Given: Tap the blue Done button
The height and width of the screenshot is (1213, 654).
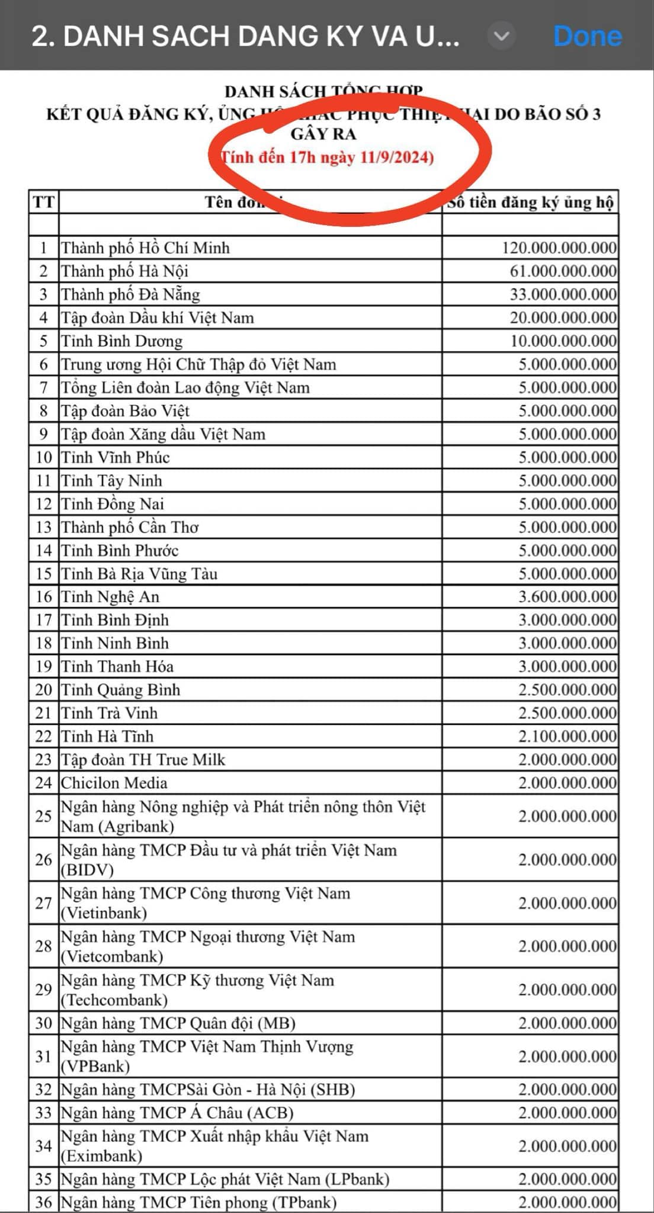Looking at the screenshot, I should tap(587, 37).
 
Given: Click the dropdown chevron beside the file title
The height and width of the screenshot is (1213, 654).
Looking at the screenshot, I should tap(501, 37).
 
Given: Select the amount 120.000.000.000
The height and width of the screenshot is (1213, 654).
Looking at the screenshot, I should tap(559, 248).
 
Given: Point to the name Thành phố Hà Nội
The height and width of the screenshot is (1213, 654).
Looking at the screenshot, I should tap(124, 271).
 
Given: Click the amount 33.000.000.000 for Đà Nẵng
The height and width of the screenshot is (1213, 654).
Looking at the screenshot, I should tap(563, 294).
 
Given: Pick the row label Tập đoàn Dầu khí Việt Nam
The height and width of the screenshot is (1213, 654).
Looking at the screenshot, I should tap(158, 318).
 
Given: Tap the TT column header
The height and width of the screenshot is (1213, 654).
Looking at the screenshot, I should tap(43, 203).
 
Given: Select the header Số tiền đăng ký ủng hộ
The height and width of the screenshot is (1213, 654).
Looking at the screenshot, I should tap(530, 203).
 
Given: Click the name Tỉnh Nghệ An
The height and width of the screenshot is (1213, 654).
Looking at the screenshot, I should tap(110, 597).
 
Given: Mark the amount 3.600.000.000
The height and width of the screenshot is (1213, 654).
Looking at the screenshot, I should tap(567, 597).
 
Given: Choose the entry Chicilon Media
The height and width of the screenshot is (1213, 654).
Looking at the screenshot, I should tap(114, 783).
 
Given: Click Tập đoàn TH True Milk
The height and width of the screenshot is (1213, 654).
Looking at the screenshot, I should tap(143, 760).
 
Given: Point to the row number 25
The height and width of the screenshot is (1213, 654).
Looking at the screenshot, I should tap(43, 816).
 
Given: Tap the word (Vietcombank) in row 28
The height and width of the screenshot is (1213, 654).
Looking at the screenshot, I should tap(112, 957).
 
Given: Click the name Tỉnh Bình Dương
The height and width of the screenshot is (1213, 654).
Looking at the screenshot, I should tap(122, 341).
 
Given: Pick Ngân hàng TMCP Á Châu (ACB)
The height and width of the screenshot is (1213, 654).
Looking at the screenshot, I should tap(177, 1113).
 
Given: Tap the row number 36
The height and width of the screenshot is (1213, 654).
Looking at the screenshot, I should tap(43, 1202).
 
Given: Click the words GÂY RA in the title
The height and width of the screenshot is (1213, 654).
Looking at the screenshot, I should tap(323, 134).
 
